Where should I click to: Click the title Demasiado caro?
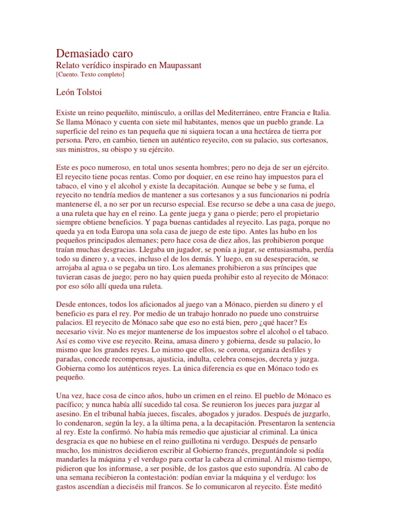pyautogui.click(x=95, y=53)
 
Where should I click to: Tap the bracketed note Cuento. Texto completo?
pyautogui.click(x=90, y=75)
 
